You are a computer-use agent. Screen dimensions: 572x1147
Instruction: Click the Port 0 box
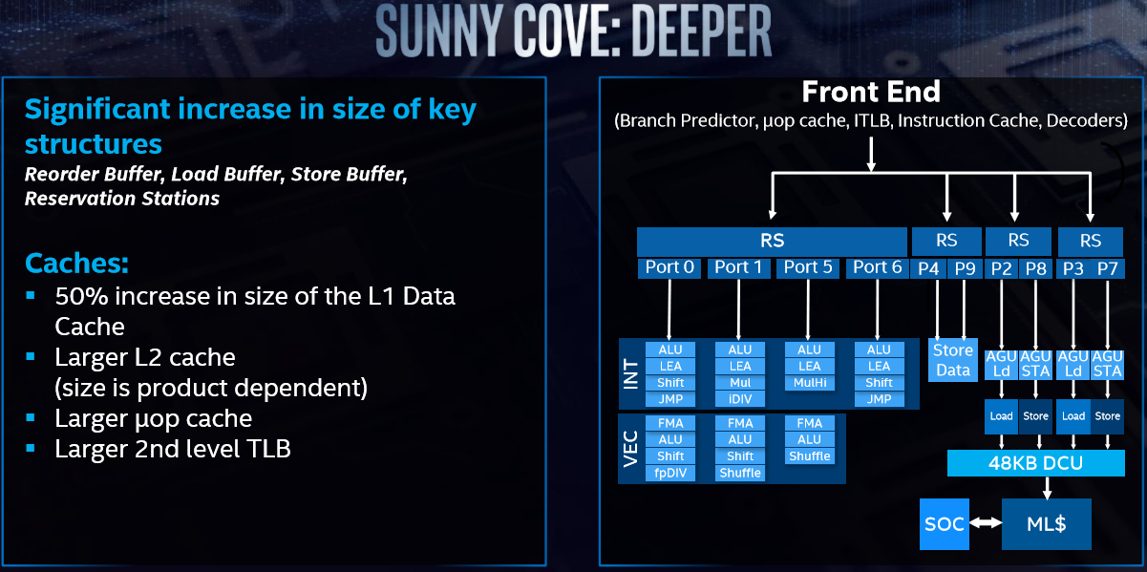click(x=669, y=267)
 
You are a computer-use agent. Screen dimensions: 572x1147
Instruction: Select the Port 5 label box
click(x=808, y=267)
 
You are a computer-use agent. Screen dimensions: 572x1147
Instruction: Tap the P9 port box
click(x=965, y=267)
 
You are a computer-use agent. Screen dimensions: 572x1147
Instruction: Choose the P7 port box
click(x=1107, y=267)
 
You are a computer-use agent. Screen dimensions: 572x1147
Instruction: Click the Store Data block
click(x=952, y=360)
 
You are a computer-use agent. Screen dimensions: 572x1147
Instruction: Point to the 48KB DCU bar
click(x=1035, y=464)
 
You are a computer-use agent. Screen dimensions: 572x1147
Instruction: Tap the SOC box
click(x=944, y=523)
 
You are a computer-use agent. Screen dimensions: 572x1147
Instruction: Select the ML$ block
click(x=1046, y=523)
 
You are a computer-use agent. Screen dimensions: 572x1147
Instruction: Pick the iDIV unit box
click(x=740, y=398)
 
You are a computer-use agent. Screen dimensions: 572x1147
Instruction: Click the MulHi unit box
click(x=809, y=382)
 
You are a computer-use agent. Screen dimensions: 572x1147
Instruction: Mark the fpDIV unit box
click(x=670, y=473)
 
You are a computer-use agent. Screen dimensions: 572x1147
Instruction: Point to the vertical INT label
click(x=630, y=373)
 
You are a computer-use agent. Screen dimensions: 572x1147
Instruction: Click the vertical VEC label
click(x=630, y=448)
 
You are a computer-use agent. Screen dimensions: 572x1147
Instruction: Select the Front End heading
click(x=871, y=92)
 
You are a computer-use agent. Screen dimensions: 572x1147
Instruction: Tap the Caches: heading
click(x=76, y=263)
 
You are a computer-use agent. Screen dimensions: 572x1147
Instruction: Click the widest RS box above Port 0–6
click(x=772, y=241)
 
